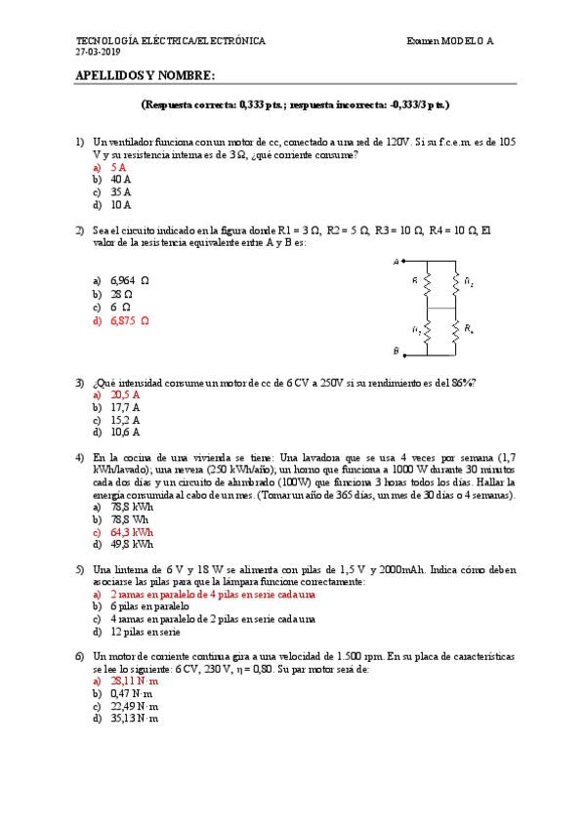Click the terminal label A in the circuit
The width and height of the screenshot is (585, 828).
tap(396, 262)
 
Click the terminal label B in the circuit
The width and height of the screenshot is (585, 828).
tap(396, 350)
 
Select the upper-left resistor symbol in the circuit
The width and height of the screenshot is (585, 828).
tap(428, 284)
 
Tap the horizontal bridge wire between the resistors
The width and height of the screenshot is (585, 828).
tap(441, 308)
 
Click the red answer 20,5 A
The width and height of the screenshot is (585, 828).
tap(125, 395)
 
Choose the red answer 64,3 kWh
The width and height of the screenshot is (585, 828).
tap(132, 533)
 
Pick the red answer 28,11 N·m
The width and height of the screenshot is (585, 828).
tap(135, 682)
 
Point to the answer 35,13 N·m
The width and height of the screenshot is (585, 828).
tap(135, 720)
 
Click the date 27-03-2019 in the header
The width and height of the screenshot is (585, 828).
tap(99, 51)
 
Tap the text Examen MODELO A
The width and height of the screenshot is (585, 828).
tap(450, 41)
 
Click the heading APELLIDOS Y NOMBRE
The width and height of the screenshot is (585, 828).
tap(145, 76)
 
